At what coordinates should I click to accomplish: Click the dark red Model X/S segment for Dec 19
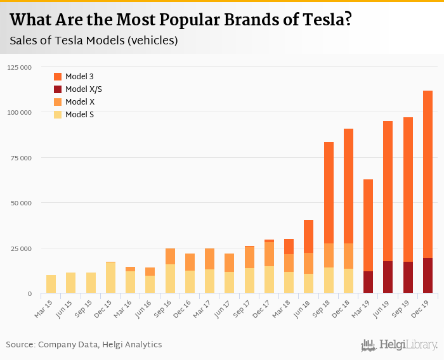point(428,276)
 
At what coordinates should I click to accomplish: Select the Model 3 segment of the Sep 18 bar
point(329,193)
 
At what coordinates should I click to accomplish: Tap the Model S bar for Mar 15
point(51,284)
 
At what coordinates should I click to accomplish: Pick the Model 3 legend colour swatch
point(58,77)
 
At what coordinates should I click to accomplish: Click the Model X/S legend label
point(83,89)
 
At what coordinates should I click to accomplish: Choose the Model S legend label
point(79,115)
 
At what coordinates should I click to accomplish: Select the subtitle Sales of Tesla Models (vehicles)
point(93,41)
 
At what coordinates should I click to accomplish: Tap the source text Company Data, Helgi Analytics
point(100,344)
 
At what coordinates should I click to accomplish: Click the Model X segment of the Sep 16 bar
point(170,257)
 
